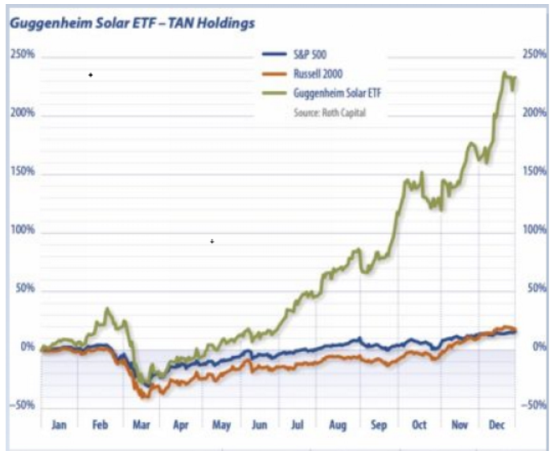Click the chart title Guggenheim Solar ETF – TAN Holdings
pos(132,23)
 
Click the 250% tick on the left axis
pos(23,54)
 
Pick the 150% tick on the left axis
pos(23,172)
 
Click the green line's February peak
pos(107,309)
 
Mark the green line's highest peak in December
pos(505,73)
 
